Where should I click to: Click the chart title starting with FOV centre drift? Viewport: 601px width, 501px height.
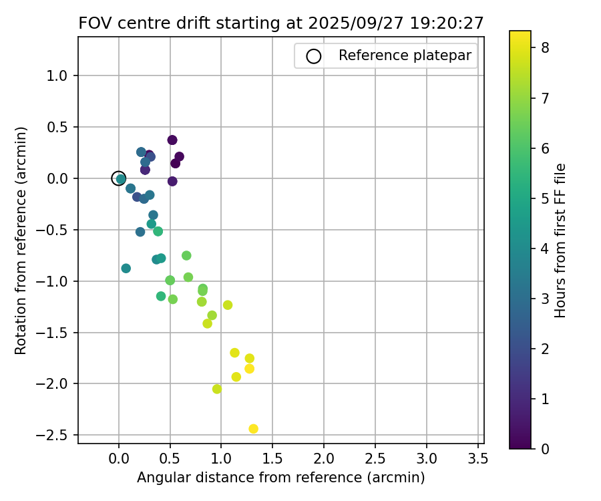coord(280,23)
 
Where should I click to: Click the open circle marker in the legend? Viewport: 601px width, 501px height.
coord(313,56)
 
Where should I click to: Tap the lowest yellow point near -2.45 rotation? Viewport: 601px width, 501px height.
coord(253,429)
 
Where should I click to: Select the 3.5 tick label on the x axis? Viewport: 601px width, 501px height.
coord(477,460)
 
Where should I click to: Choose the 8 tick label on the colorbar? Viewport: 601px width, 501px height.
coord(545,47)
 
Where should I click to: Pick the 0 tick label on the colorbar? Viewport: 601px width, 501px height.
coord(545,449)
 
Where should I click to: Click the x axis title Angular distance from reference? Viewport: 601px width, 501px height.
coord(280,478)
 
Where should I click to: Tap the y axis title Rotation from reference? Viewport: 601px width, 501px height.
coord(21,240)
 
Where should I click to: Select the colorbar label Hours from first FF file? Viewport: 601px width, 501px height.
coord(561,240)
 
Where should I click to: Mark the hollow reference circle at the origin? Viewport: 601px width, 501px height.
coord(119,178)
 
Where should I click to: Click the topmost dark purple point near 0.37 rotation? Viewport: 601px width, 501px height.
coord(172,140)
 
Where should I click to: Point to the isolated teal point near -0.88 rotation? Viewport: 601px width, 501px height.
coord(126,269)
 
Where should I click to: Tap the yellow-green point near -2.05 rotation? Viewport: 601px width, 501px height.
coord(217,389)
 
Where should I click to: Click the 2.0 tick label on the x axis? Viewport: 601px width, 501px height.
coord(324,460)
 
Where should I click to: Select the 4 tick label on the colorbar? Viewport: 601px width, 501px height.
coord(545,248)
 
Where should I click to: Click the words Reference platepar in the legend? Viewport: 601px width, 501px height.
coord(405,55)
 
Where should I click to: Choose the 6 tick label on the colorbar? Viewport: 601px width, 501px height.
coord(545,148)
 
